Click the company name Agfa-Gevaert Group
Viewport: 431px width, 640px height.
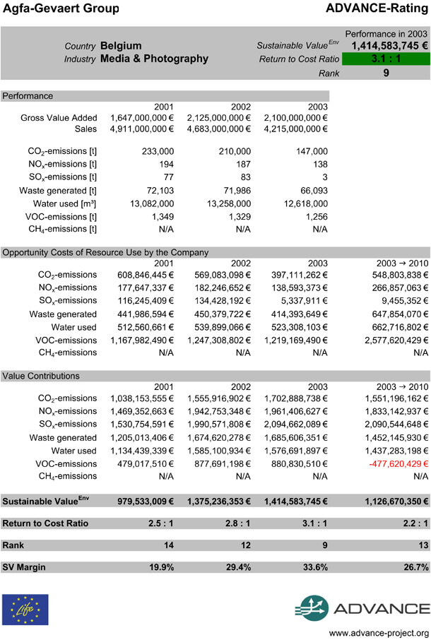coord(60,8)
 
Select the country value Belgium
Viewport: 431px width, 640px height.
coord(121,45)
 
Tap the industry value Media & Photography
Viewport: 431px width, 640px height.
coord(154,59)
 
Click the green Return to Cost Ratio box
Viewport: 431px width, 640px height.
coord(386,59)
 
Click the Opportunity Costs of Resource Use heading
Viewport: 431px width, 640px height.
coord(105,252)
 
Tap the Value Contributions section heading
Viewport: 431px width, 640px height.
coord(40,376)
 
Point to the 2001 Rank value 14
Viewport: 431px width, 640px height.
coord(166,545)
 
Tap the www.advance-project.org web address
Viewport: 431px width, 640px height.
coord(379,632)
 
